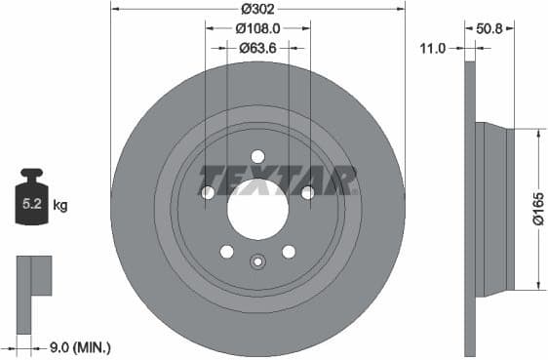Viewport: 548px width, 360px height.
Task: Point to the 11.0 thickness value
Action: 432,47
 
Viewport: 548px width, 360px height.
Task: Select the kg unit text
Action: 59,205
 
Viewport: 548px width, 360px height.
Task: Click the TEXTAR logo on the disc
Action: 278,180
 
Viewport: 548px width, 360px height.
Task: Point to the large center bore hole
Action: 257,209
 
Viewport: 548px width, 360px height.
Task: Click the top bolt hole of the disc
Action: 257,156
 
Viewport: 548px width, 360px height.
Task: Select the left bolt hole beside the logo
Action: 208,193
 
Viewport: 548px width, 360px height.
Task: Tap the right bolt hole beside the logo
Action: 308,193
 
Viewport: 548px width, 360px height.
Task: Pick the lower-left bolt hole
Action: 227,252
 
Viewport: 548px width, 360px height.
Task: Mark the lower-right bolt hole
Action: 289,252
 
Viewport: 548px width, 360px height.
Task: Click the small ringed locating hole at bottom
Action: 257,260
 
